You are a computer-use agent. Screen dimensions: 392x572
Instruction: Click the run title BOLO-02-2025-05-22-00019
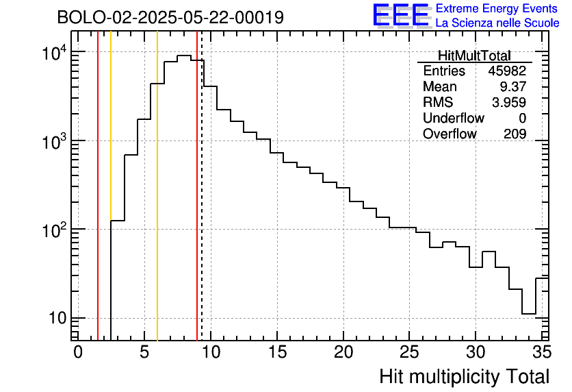coord(170,17)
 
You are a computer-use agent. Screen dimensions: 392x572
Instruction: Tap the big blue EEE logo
coord(400,15)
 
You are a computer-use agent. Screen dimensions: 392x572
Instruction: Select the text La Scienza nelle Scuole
coord(497,23)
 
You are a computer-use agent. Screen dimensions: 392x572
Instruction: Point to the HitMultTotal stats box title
coord(474,56)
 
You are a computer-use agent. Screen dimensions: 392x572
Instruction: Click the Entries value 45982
coord(507,71)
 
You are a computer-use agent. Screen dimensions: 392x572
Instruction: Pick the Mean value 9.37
coord(514,87)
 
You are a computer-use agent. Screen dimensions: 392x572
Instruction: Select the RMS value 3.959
coord(509,103)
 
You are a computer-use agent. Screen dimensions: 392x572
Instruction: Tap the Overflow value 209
coord(515,134)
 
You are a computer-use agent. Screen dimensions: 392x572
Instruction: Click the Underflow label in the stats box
coord(453,119)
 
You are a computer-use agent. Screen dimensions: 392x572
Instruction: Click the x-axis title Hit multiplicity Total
coord(464,376)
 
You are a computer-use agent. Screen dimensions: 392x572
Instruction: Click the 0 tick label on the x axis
coord(78,352)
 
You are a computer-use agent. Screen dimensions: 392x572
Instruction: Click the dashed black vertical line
coord(202,206)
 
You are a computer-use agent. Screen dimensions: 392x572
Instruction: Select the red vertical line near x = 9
coord(197,206)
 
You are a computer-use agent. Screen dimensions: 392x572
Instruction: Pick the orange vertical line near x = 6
coord(157,206)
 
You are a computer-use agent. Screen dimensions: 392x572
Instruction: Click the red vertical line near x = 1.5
coord(98,206)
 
